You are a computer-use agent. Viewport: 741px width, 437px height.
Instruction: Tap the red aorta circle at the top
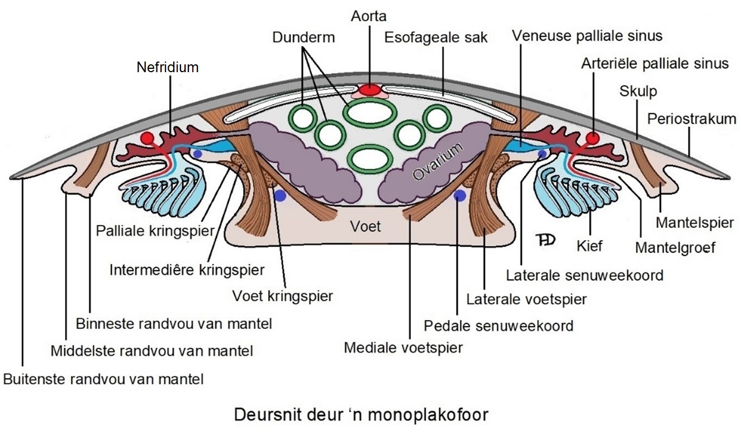[x=369, y=90]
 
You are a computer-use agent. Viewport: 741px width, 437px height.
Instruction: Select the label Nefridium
[x=168, y=68]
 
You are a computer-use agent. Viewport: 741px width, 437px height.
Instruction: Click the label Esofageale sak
[x=436, y=37]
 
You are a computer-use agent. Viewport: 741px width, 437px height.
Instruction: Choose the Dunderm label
[x=303, y=38]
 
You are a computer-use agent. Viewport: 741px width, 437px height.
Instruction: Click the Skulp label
[x=638, y=91]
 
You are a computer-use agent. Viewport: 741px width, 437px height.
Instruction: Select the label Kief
[x=590, y=245]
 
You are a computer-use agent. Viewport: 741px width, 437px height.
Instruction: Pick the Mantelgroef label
[x=675, y=247]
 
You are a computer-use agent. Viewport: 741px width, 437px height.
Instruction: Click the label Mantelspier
[x=695, y=223]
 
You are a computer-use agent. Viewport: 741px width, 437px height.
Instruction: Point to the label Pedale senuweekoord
[x=498, y=325]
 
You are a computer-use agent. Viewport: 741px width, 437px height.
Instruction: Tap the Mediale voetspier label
[x=403, y=348]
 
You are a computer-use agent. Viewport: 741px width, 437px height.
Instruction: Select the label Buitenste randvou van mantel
[x=103, y=379]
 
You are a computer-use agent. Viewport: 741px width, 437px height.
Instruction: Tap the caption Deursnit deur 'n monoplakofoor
[x=361, y=415]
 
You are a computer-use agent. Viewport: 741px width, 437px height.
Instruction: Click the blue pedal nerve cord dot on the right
[x=460, y=195]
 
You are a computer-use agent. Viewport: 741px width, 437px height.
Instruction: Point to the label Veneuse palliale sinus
[x=587, y=36]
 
